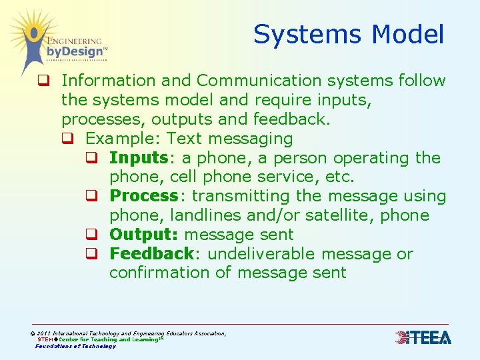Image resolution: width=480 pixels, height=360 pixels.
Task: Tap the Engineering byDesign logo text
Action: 75,47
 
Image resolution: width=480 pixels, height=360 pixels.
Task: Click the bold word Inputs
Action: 138,158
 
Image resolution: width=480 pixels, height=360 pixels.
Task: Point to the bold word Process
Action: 143,196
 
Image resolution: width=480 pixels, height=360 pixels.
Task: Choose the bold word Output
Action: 142,235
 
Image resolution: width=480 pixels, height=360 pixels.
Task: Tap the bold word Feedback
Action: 151,254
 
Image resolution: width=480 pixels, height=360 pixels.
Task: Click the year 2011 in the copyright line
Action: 44,333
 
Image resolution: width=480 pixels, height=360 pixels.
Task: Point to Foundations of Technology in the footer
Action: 75,346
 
